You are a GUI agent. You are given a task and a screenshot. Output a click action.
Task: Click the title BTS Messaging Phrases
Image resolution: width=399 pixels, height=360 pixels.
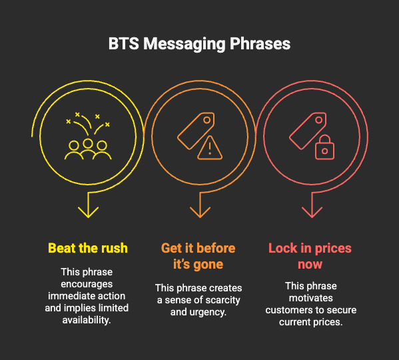199,44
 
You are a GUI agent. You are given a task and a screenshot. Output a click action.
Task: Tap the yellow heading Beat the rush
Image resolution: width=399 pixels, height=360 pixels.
88,248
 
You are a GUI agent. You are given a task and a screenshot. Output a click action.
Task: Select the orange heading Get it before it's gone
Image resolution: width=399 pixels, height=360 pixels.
199,256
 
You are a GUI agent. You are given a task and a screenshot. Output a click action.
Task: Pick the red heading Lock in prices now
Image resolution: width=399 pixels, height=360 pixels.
310,256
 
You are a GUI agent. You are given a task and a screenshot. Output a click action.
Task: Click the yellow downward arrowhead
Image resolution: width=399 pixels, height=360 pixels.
89,212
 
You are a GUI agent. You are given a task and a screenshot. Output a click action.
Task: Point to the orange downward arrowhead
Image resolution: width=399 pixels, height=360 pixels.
200,212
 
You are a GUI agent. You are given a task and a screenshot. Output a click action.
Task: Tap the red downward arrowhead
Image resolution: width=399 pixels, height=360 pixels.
312,212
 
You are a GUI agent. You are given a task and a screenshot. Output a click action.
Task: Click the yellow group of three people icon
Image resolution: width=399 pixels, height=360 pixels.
88,149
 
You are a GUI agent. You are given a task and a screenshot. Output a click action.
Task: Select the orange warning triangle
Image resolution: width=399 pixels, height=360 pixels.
210,147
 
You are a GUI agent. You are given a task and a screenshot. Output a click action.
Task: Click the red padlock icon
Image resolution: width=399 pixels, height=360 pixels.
324,147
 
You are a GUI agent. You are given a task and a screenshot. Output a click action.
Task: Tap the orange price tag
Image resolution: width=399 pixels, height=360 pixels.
196,131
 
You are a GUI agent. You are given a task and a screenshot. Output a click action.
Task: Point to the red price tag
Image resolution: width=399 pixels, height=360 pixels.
308,131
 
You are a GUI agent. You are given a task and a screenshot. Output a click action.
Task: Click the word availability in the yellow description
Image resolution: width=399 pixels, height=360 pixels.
87,320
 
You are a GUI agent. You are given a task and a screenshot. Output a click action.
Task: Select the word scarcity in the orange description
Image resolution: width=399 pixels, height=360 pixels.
221,300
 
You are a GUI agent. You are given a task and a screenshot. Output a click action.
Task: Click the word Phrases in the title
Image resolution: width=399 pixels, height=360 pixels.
260,44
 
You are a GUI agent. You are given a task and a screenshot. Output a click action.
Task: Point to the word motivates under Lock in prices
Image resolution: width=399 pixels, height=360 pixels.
310,298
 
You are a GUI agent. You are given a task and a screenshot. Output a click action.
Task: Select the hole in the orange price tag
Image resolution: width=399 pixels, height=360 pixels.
207,120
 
